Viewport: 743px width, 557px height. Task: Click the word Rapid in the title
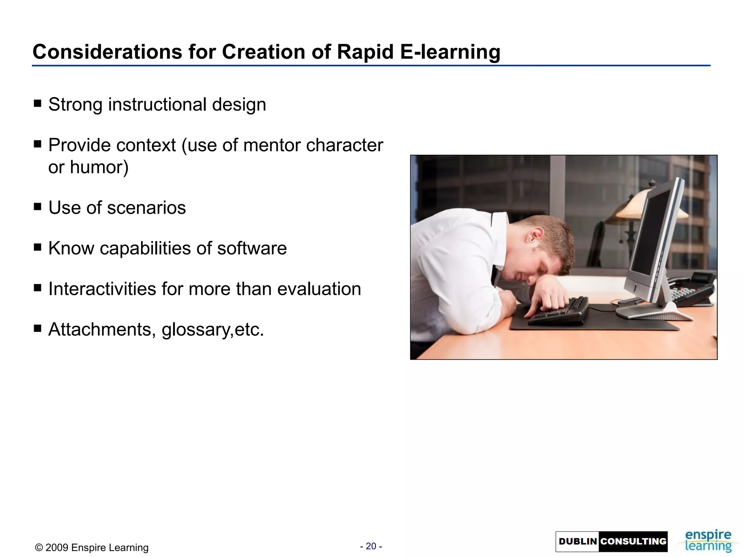[365, 52]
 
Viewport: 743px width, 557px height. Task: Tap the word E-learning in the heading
[450, 52]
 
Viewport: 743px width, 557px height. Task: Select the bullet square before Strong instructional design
[37, 104]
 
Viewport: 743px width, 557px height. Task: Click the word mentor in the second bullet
[272, 145]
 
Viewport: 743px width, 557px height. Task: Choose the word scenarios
[146, 208]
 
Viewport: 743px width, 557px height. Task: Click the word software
[252, 248]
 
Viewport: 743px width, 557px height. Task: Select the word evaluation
[319, 289]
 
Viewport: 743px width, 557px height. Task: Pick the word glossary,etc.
[213, 330]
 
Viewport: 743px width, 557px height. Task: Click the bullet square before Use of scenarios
[37, 207]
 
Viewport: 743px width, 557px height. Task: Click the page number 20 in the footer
[371, 546]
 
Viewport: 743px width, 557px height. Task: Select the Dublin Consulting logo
[611, 541]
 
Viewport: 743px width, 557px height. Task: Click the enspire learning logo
[708, 541]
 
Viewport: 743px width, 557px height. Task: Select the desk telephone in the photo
[691, 288]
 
